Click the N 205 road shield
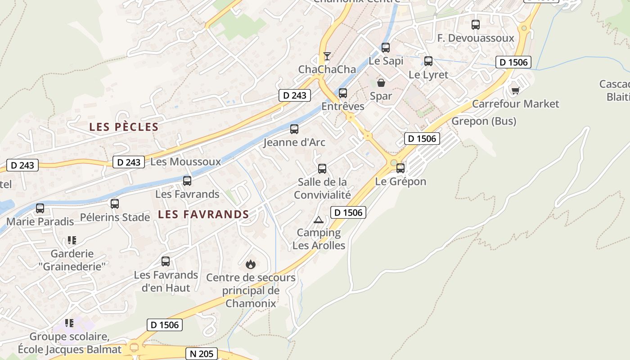pyautogui.click(x=202, y=354)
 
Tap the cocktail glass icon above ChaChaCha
pyautogui.click(x=327, y=56)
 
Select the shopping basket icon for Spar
pyautogui.click(x=381, y=83)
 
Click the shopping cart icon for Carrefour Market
pyautogui.click(x=516, y=91)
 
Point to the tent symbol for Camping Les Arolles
pyautogui.click(x=319, y=220)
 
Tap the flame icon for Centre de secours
pyautogui.click(x=251, y=264)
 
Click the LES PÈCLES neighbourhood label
pyautogui.click(x=124, y=127)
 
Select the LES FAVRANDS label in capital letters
pyautogui.click(x=203, y=215)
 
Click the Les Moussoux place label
pyautogui.click(x=186, y=162)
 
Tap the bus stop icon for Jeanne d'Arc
pyautogui.click(x=294, y=129)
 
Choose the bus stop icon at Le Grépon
pyautogui.click(x=400, y=168)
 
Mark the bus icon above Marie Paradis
pyautogui.click(x=40, y=208)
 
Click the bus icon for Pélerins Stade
pyautogui.click(x=115, y=204)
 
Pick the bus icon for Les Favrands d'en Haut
pyautogui.click(x=166, y=261)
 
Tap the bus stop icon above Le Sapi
pyautogui.click(x=386, y=48)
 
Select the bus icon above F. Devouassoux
pyautogui.click(x=476, y=25)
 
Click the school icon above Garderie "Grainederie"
pyautogui.click(x=72, y=240)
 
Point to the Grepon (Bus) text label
pyautogui.click(x=484, y=121)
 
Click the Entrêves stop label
pyautogui.click(x=343, y=107)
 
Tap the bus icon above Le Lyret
pyautogui.click(x=428, y=61)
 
